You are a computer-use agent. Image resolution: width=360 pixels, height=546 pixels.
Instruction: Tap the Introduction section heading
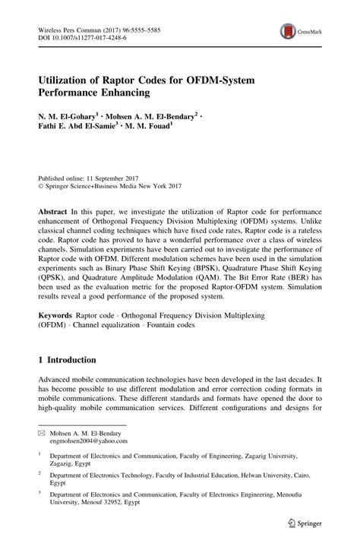73,359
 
